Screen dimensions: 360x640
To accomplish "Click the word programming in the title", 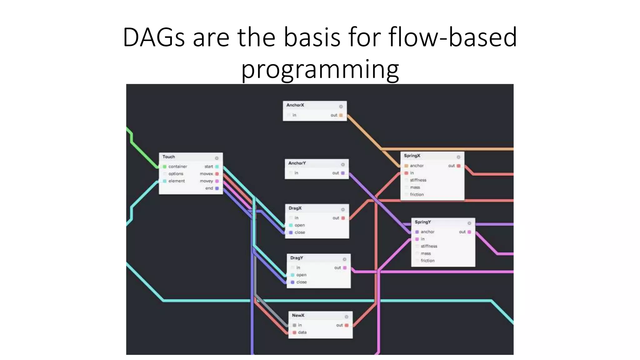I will (x=320, y=69).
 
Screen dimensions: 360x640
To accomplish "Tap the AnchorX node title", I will (x=295, y=105).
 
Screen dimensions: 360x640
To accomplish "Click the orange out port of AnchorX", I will (x=341, y=115).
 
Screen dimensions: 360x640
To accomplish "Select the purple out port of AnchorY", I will (x=343, y=173).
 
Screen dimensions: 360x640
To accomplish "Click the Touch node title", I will (x=168, y=157).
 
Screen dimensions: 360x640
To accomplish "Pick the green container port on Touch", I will (x=165, y=167).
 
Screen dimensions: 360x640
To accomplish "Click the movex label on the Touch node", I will (x=206, y=174).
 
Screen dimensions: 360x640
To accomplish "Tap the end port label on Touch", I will (x=209, y=188).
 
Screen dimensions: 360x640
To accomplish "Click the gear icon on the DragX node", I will (x=343, y=209).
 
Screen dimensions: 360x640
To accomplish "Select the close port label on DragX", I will (x=300, y=232).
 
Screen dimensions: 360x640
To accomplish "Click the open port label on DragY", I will (x=301, y=275).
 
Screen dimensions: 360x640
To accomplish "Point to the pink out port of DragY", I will (x=345, y=268).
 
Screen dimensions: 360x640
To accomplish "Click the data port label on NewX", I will (x=302, y=332).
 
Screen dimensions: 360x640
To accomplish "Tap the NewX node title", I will (x=298, y=315).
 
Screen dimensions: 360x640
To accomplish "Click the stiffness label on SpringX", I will (x=418, y=180).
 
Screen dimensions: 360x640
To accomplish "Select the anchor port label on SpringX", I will (x=417, y=166).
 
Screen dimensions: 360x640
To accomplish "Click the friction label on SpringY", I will (x=427, y=261).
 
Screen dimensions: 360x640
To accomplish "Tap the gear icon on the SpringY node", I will (x=469, y=223).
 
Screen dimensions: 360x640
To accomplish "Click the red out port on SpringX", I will (x=458, y=166).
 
